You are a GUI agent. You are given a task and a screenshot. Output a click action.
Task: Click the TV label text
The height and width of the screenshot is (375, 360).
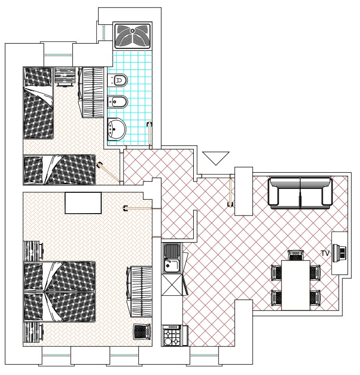click(325, 253)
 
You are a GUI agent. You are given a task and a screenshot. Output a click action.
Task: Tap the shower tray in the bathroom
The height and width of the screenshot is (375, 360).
click(133, 36)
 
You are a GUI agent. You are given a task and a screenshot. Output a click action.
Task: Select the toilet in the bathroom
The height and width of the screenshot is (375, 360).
click(118, 80)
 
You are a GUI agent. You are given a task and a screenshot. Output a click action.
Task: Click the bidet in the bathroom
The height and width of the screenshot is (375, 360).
click(118, 102)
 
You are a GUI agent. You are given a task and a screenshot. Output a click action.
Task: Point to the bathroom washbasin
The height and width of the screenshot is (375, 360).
click(116, 130)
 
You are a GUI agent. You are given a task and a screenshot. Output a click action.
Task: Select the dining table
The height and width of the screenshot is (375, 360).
click(295, 285)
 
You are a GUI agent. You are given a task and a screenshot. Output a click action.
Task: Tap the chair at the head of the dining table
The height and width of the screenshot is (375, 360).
click(295, 255)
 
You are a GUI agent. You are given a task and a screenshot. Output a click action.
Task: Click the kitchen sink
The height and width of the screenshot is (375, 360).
click(172, 258)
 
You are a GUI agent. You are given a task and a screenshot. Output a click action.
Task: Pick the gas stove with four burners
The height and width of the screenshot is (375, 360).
click(171, 335)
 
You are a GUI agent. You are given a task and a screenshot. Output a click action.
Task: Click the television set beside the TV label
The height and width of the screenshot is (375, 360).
click(340, 253)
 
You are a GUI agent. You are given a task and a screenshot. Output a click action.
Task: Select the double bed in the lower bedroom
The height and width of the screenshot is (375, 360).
click(59, 292)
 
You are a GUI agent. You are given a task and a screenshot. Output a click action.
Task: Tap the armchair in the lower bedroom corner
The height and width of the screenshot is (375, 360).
click(142, 331)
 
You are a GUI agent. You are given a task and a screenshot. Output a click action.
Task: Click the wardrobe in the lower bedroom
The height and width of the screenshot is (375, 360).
click(139, 292)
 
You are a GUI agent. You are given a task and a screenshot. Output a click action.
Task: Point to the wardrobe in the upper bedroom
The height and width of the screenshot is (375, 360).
click(91, 92)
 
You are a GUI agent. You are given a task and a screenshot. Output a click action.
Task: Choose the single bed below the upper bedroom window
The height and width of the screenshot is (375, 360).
click(38, 103)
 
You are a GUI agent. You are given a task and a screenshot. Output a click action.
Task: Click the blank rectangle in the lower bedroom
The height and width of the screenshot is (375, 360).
click(83, 203)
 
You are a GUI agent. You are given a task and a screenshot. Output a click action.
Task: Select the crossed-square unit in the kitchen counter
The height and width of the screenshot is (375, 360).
click(172, 285)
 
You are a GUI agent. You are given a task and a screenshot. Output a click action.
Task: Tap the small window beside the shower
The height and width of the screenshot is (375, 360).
click(104, 32)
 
